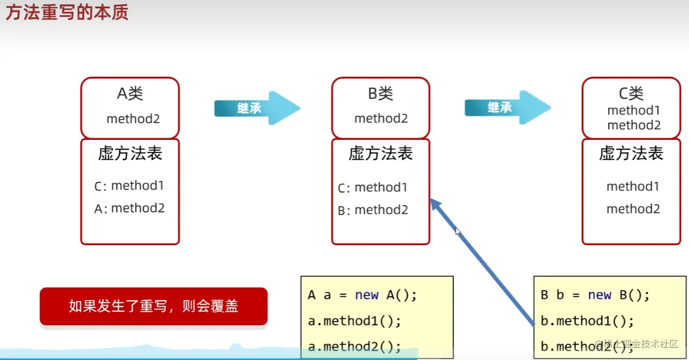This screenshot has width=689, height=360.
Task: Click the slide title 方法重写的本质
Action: (x=67, y=13)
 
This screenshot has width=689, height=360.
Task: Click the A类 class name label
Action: (x=130, y=94)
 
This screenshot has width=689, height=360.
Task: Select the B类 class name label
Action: (x=381, y=94)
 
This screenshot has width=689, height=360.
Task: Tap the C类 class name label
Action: (x=631, y=93)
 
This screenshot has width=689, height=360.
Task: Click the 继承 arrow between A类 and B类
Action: (x=257, y=108)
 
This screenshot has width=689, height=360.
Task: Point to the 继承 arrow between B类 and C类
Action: (x=507, y=107)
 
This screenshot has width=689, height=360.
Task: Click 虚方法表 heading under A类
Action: (x=130, y=153)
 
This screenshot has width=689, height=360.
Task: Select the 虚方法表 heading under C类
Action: (x=631, y=153)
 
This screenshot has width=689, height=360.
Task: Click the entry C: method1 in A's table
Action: (x=129, y=186)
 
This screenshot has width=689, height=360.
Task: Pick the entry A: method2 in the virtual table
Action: (x=129, y=209)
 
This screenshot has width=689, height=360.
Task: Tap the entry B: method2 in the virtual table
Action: (x=373, y=210)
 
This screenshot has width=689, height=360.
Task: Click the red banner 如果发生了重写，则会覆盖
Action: (x=153, y=306)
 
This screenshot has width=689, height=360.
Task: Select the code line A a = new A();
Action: (x=362, y=295)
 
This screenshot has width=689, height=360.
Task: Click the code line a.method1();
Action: (x=354, y=321)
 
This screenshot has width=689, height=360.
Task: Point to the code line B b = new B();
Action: (x=595, y=295)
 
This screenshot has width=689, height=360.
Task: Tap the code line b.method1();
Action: (x=587, y=321)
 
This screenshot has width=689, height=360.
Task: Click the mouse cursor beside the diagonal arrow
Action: (x=457, y=232)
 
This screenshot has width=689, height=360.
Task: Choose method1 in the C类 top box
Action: (x=634, y=111)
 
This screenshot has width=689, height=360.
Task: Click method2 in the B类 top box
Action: (x=381, y=119)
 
